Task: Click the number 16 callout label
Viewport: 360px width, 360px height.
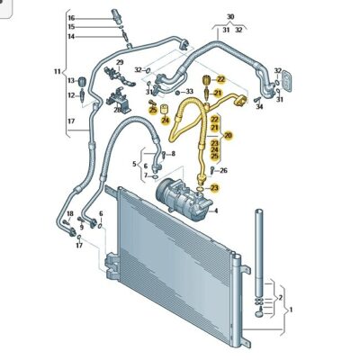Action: point(71,18)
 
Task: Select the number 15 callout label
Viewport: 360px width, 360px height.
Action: point(71,27)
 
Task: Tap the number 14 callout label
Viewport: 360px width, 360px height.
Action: point(71,36)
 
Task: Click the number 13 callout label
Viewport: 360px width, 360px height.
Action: point(70,81)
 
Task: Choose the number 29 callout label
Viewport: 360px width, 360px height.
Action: point(118,61)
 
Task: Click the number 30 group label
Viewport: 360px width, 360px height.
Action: point(229,17)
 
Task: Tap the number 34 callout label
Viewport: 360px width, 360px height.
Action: point(259,108)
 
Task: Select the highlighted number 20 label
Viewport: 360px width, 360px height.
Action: point(228,135)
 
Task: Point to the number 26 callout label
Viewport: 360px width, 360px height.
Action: point(223,170)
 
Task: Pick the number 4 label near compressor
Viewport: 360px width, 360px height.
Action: point(216,211)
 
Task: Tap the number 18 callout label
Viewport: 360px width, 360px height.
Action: point(69,212)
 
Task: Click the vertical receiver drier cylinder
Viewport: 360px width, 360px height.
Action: point(262,252)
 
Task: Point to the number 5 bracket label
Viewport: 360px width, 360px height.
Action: point(133,164)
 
